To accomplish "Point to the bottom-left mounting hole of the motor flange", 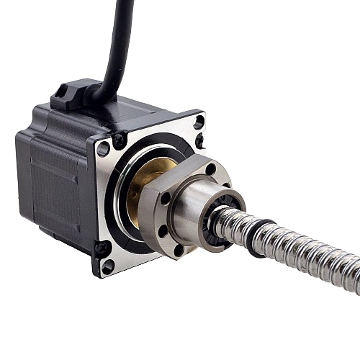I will [108, 265].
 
